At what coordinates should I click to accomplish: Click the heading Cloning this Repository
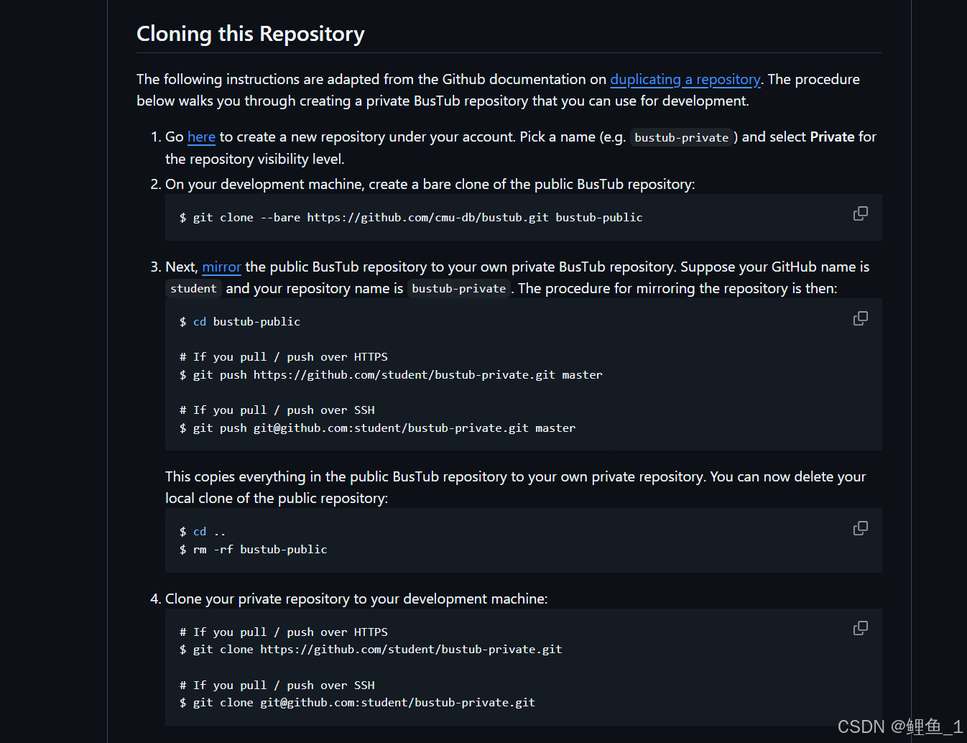coord(250,34)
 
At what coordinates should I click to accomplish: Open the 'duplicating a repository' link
coord(685,80)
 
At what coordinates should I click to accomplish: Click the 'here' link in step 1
coord(201,137)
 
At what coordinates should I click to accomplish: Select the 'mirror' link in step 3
coord(221,267)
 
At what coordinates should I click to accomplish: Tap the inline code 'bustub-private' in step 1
coord(681,138)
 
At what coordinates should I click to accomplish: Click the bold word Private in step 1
coord(832,137)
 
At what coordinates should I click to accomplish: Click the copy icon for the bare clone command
coord(860,214)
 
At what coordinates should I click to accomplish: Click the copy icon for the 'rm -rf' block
coord(860,529)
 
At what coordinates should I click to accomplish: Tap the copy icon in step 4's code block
coord(860,629)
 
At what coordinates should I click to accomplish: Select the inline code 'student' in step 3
coord(193,289)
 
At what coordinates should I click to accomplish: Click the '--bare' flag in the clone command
coord(280,218)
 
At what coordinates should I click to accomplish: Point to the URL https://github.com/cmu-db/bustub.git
coord(427,218)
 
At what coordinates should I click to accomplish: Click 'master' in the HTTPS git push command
coord(582,375)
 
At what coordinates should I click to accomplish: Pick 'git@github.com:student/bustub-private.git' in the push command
coord(391,428)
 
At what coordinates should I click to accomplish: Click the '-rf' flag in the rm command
coord(223,550)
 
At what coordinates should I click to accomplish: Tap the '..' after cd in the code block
coord(220,532)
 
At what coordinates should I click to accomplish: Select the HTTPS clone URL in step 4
coord(411,650)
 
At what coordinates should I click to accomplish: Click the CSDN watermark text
coord(899,726)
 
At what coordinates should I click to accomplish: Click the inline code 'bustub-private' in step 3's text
coord(458,289)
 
